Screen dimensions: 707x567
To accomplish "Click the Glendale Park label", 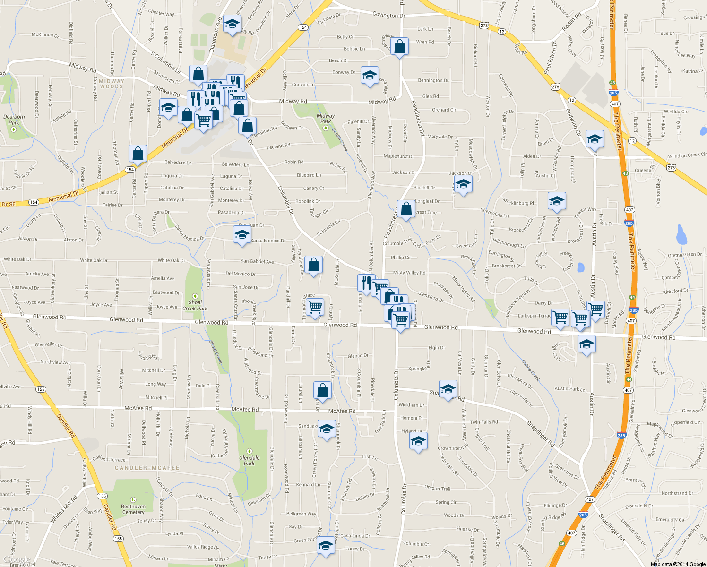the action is tap(249, 460).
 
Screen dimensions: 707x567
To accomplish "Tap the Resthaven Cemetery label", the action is tap(133, 509).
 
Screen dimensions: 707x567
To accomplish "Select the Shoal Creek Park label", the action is tap(195, 305).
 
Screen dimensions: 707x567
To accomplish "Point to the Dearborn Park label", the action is tap(14, 120).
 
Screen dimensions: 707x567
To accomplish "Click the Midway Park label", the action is tap(326, 118).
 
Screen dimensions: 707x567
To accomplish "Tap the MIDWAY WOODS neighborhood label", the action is tap(112, 84).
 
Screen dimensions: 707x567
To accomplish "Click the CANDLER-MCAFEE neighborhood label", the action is tap(147, 468).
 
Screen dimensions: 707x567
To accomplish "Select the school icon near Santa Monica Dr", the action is tap(242, 235).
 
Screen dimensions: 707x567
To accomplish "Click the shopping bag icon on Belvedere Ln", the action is tap(138, 154).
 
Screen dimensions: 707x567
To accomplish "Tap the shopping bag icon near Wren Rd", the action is tap(399, 47).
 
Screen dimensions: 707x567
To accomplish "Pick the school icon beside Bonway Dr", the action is tap(370, 75).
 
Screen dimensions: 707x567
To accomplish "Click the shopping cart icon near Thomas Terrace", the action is tap(315, 307).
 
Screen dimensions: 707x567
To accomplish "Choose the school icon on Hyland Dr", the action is tap(418, 441).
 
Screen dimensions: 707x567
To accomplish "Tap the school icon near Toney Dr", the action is tap(326, 545).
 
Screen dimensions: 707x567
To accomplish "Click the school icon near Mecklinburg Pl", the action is tap(557, 201).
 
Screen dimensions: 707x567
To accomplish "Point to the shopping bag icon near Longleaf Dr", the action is tap(406, 209).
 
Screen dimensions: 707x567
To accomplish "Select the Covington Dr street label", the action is tap(388, 15).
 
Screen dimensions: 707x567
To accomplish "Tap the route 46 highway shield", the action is tap(562, 544).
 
